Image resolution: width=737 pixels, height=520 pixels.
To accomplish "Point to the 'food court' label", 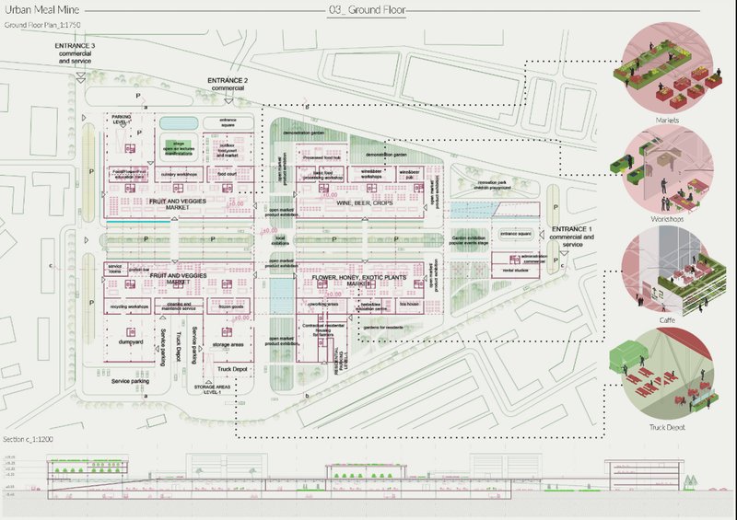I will [228, 172].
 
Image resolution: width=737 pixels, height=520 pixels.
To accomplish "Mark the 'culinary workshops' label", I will [180, 172].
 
